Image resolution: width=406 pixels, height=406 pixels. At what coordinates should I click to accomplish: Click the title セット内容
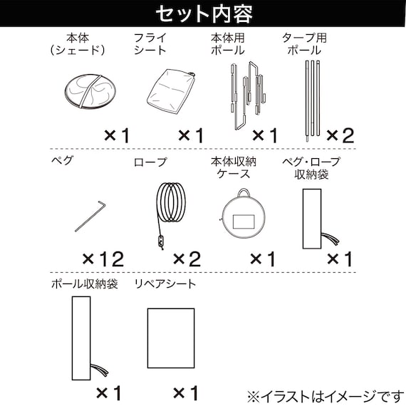202,14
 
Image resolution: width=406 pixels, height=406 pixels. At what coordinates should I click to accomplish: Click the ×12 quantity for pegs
103,258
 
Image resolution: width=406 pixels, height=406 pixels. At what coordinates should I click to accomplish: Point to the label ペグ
63,161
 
